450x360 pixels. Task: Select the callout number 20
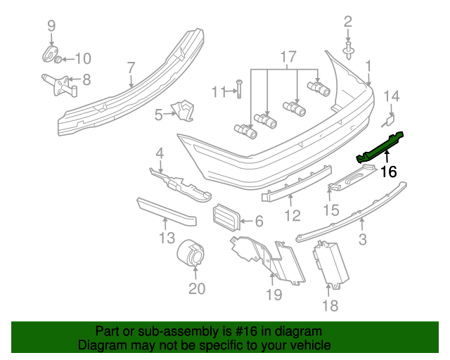[x=197, y=288]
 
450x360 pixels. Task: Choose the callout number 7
[x=131, y=68]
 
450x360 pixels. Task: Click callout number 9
[x=51, y=27]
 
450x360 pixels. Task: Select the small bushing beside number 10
[x=59, y=57]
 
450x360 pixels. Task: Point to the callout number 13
[x=166, y=238]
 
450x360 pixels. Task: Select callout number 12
[x=292, y=216]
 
